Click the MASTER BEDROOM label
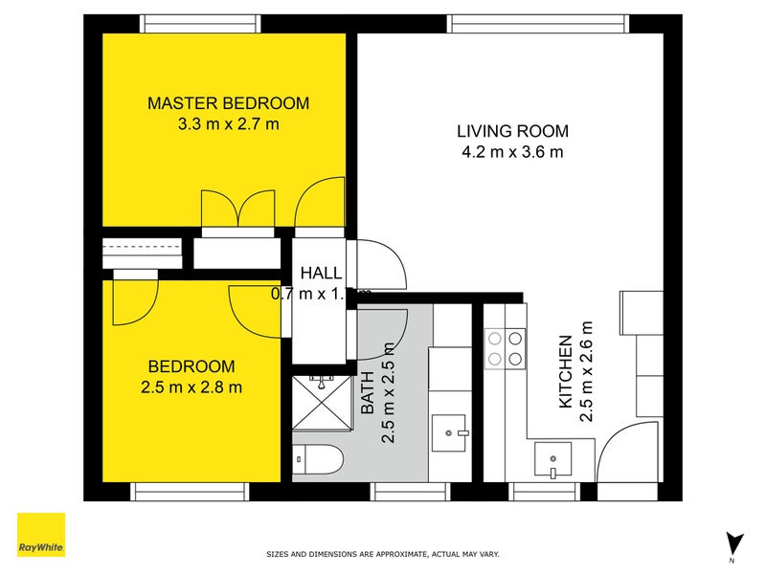click(228, 103)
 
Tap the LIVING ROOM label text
click(512, 131)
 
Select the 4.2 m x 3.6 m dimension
click(512, 151)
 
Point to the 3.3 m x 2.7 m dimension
click(228, 123)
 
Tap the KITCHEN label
click(566, 372)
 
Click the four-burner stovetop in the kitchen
click(506, 348)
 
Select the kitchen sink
click(552, 459)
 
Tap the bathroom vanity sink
click(448, 432)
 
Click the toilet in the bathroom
click(316, 460)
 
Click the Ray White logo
click(41, 535)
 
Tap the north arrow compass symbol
click(733, 542)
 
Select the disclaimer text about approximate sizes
click(382, 554)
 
